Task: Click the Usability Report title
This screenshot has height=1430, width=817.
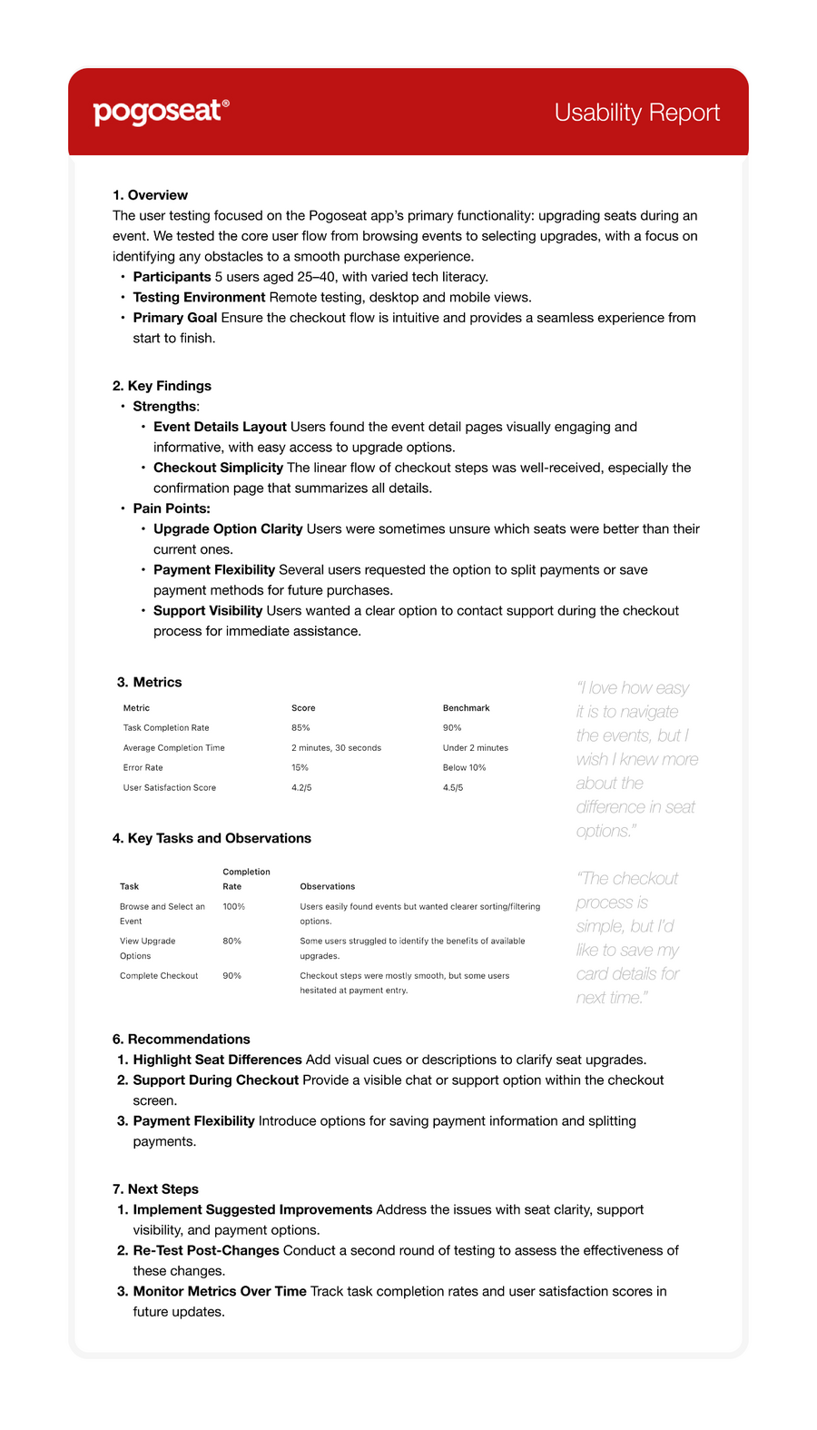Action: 636,113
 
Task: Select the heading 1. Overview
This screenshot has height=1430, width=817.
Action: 150,195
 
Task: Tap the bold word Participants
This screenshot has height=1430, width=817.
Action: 172,277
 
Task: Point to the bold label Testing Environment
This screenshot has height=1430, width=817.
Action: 199,297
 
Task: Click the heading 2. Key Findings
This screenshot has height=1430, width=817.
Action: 162,386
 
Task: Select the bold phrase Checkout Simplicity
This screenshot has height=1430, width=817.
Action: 218,468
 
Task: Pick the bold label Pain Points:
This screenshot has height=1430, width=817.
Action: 172,508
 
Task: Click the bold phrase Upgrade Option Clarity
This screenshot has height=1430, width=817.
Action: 228,528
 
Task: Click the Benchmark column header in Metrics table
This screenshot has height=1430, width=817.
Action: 466,708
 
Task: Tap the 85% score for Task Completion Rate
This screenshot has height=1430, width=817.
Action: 300,728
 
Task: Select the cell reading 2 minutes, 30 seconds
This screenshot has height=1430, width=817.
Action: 336,748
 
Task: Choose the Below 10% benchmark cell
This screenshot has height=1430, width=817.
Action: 464,768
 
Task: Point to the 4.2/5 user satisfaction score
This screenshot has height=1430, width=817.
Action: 301,788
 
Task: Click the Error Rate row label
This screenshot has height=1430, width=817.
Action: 143,768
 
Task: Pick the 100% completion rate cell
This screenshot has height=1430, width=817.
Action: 233,907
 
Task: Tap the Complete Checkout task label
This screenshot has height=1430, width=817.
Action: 159,976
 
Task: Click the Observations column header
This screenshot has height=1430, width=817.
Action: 327,887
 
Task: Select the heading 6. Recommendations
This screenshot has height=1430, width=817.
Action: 181,1040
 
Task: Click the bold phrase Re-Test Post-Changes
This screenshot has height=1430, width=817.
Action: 206,1250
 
